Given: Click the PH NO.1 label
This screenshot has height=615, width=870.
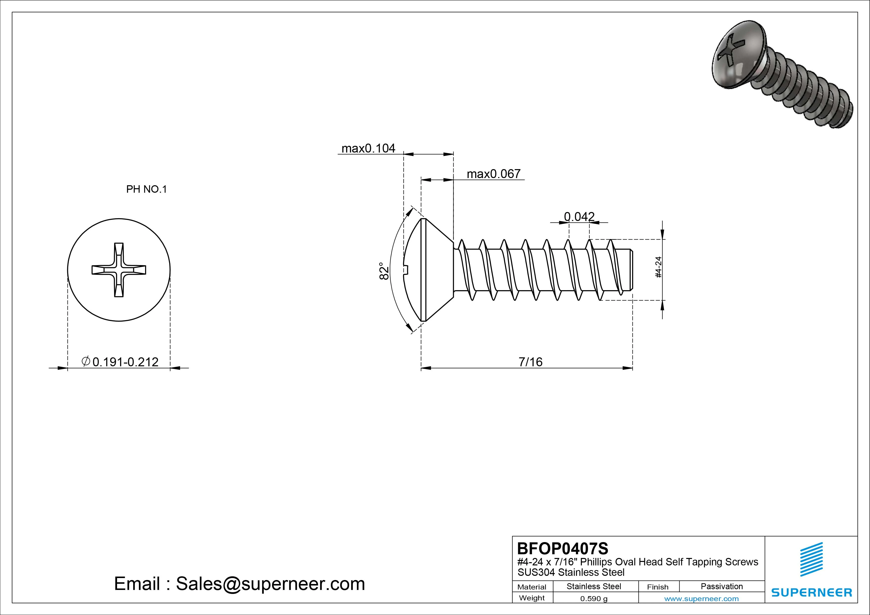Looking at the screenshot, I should tap(146, 189).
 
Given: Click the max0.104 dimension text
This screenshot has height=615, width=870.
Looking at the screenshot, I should tap(368, 148).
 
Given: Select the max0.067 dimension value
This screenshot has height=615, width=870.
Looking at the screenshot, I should tap(493, 174).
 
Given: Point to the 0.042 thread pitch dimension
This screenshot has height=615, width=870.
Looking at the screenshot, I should tap(579, 216).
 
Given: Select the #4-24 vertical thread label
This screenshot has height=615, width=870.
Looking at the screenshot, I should tap(658, 267).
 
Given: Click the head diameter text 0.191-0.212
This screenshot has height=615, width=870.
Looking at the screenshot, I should tap(125, 362).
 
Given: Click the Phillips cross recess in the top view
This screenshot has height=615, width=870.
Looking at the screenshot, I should tap(119, 270).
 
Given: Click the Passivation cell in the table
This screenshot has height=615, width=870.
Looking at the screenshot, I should tap(721, 586).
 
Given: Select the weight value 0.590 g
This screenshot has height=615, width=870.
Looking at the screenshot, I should tap(594, 599).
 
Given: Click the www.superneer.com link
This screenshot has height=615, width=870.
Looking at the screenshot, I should tap(701, 599).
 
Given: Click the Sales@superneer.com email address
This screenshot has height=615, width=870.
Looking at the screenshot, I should tap(270, 584).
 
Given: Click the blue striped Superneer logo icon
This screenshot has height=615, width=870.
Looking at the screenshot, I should tap(811, 559).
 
